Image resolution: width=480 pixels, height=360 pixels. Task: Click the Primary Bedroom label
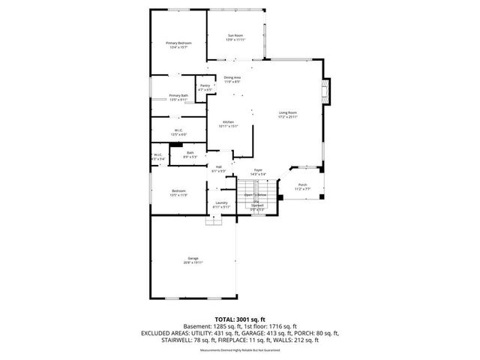pos(178,45)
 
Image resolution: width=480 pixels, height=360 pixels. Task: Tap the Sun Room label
pos(235,37)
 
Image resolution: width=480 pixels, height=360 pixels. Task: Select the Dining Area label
pos(232,79)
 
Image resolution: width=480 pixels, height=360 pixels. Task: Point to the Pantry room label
pos(205,88)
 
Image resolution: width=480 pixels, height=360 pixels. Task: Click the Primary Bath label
pos(178,97)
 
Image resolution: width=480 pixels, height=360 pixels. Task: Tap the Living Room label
pos(288,115)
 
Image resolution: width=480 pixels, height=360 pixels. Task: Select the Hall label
pos(219,169)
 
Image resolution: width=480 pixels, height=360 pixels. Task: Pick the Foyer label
pos(257,172)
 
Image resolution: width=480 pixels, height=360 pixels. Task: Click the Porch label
pos(302,187)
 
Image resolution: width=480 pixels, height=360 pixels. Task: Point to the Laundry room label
pos(221,205)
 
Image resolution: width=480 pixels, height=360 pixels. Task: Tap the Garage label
pos(193,259)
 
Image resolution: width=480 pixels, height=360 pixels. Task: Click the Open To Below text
pos(255,194)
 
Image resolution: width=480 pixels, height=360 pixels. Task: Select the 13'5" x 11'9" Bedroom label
pos(178,193)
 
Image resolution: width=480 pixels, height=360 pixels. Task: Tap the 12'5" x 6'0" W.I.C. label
pos(178,132)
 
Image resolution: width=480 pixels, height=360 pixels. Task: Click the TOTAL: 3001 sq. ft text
pos(240,319)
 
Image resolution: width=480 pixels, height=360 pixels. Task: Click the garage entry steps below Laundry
pos(212,220)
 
